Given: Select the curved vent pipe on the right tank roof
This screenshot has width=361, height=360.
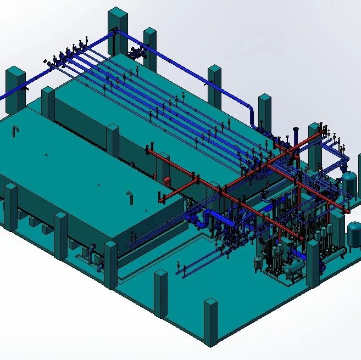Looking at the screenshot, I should [x=130, y=196].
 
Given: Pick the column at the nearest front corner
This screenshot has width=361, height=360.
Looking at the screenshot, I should [x=211, y=322].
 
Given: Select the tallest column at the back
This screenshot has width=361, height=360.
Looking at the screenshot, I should [x=118, y=30].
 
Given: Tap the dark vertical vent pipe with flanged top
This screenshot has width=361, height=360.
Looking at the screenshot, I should [x=296, y=137].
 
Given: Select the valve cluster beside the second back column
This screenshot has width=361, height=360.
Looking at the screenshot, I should [x=136, y=53].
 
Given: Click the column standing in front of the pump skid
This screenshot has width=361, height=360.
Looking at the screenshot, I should [x=160, y=293].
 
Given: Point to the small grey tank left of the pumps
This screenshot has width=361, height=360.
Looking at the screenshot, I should [x=258, y=262].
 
